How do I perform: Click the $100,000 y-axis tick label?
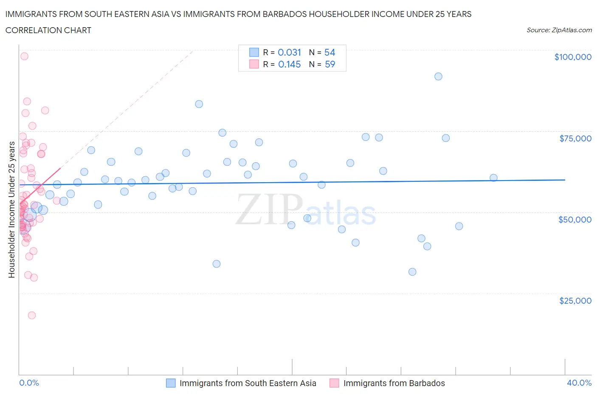coord(572,57)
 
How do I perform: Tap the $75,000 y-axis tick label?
coord(575,138)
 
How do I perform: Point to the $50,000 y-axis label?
coord(574,220)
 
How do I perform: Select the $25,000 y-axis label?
coord(575,301)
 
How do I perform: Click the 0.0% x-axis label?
coord(29,383)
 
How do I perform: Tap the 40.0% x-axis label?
coord(579,383)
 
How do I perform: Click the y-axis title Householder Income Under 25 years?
coord(11,210)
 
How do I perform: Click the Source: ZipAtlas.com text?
coord(559,30)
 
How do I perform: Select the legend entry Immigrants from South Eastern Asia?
coord(248,383)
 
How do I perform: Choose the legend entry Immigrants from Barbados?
coord(394,383)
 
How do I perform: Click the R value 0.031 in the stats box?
coord(289,52)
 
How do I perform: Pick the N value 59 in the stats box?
coord(330,64)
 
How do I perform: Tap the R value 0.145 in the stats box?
coord(289,64)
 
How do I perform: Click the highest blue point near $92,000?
coord(438,76)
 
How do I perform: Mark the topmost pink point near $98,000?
coord(24,56)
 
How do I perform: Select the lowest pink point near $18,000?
coord(32,315)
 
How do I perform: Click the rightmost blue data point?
coord(493,178)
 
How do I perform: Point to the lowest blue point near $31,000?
coord(412,272)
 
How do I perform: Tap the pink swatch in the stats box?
coord(254,64)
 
